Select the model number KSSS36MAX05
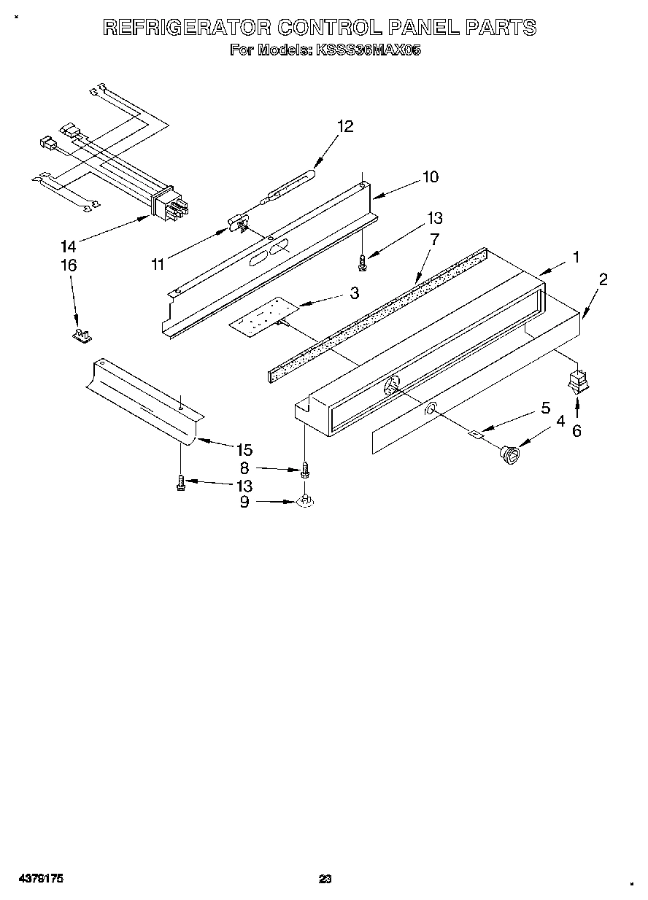coord(368,50)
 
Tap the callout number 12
coord(345,126)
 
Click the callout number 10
coord(430,176)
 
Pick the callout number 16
coord(68,265)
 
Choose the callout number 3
coord(354,293)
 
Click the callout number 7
coord(434,238)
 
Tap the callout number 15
coord(244,450)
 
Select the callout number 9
coord(245,502)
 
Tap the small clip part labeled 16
coord(81,335)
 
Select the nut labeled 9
coord(306,502)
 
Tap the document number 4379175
coord(42,880)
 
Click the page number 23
coord(325,880)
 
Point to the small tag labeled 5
coord(475,435)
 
